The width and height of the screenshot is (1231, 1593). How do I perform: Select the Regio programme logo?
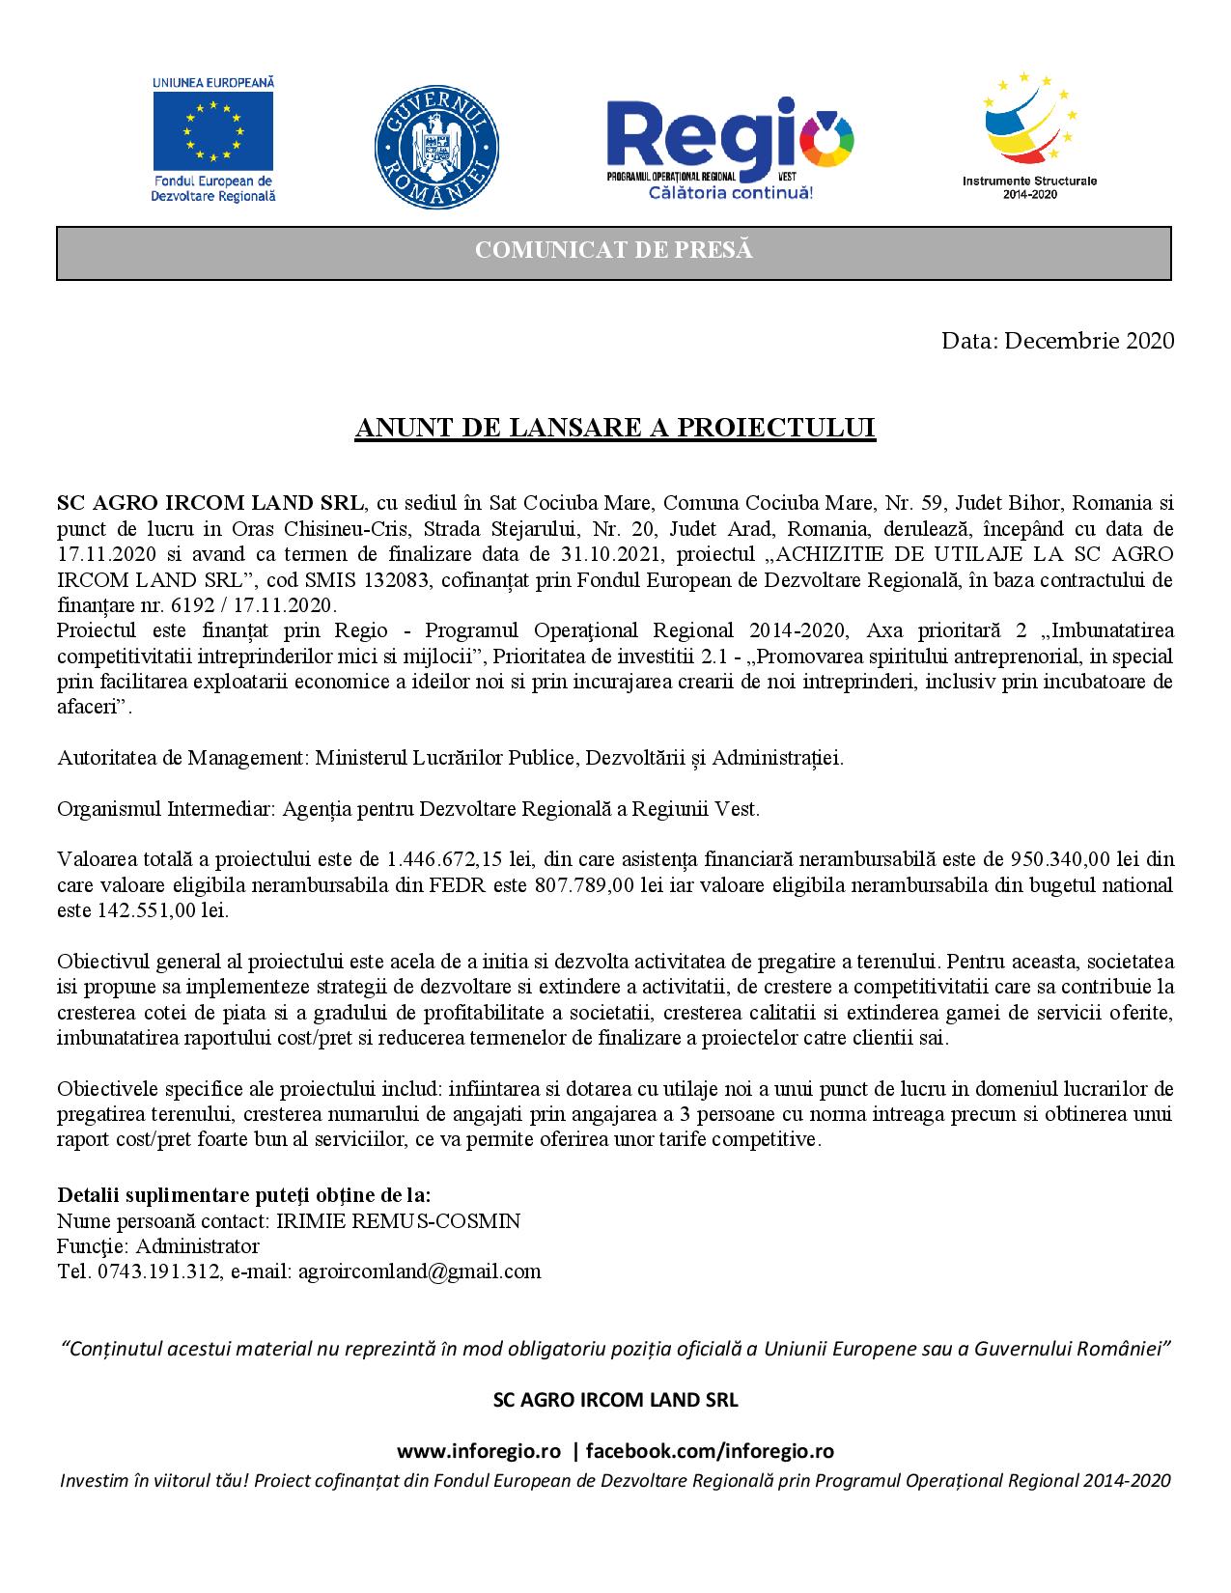click(730, 145)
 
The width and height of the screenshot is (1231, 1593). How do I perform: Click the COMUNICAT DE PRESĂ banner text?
click(614, 251)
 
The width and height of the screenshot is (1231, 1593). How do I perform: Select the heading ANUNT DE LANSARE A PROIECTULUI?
click(615, 429)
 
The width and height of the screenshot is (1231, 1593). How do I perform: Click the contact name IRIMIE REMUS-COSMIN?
click(398, 1221)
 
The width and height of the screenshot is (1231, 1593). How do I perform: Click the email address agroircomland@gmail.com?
click(419, 1271)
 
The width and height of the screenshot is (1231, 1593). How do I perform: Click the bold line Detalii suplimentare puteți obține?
click(244, 1195)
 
